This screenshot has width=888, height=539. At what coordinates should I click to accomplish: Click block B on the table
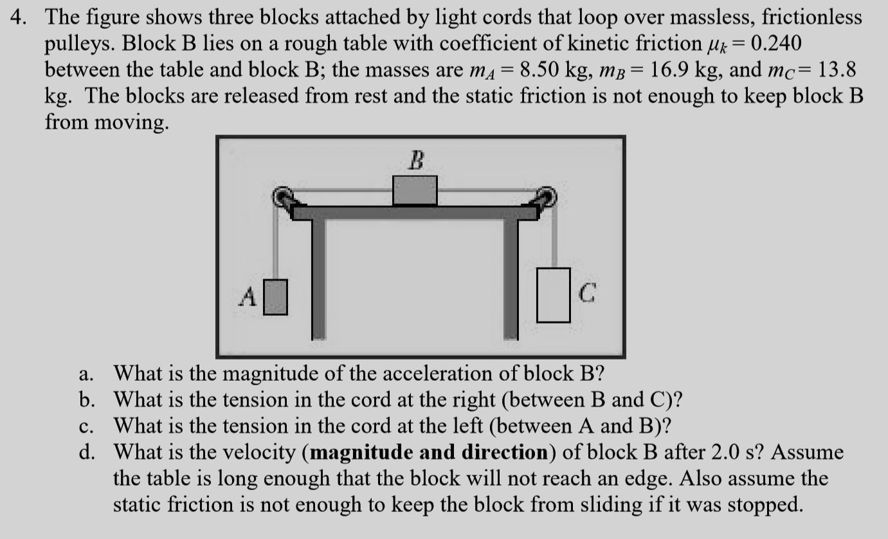click(x=415, y=190)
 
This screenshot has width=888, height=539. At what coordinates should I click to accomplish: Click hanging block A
click(x=276, y=297)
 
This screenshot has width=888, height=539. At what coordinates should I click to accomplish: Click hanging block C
click(x=554, y=295)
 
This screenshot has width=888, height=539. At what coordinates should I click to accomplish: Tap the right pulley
click(x=546, y=197)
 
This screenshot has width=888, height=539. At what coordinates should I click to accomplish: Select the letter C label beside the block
click(x=586, y=295)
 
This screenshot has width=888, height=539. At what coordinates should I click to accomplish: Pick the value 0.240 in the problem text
click(x=776, y=44)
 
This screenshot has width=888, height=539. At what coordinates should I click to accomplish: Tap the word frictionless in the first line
click(x=812, y=17)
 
